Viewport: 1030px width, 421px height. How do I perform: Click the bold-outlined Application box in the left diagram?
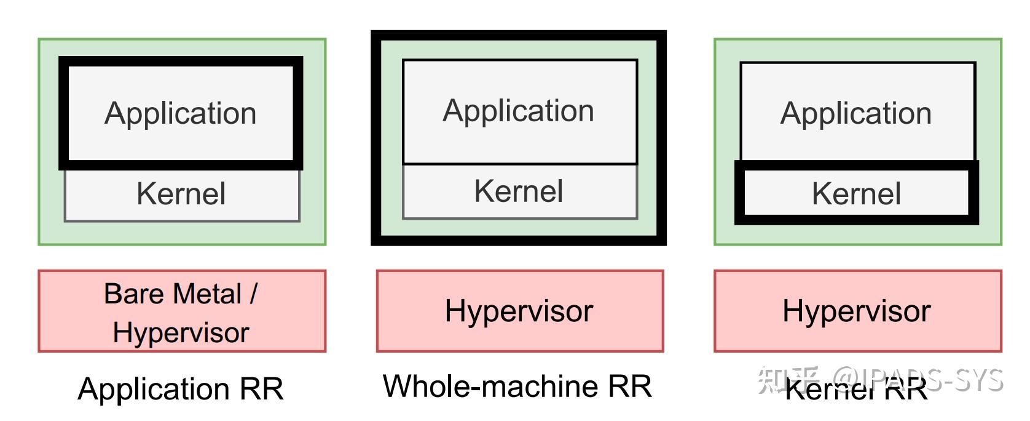coord(181,113)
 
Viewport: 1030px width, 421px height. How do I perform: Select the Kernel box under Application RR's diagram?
coord(181,194)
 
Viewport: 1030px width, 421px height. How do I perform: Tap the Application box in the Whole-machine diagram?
coord(519,111)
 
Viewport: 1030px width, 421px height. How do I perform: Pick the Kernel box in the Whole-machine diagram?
coord(519,191)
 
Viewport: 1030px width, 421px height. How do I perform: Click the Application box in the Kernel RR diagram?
coord(857,113)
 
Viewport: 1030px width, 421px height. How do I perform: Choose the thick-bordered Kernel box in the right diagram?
coord(857,194)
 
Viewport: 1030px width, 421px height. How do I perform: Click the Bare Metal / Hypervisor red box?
coord(182,311)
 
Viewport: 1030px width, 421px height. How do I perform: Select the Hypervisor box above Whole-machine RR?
coord(519,311)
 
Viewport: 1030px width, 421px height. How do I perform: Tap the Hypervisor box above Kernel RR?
coord(857,311)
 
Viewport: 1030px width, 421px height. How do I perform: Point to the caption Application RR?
coord(181,389)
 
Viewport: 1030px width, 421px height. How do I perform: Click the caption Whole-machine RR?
coord(517,387)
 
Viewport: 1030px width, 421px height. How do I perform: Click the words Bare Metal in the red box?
coord(173,294)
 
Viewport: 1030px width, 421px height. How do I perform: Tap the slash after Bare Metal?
coord(253,294)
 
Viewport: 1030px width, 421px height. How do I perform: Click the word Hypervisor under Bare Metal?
coord(181,333)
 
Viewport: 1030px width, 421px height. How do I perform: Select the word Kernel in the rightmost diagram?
coord(857,194)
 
